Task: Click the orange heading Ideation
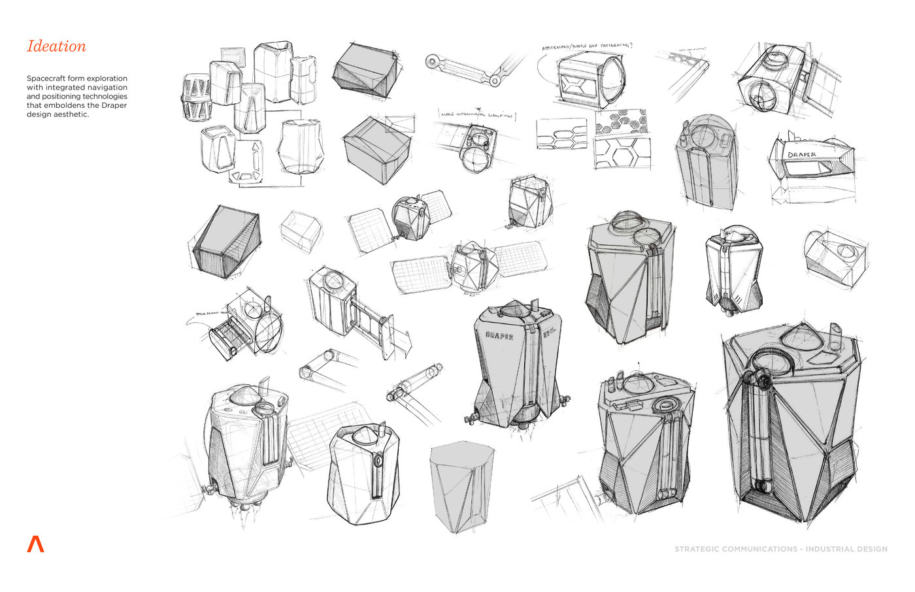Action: point(56,46)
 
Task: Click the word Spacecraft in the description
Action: point(47,78)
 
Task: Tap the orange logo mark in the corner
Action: point(35,544)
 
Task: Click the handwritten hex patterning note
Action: point(586,47)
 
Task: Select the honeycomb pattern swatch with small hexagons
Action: point(621,122)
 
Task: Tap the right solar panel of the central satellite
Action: point(520,257)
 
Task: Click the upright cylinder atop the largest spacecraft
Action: point(835,335)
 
